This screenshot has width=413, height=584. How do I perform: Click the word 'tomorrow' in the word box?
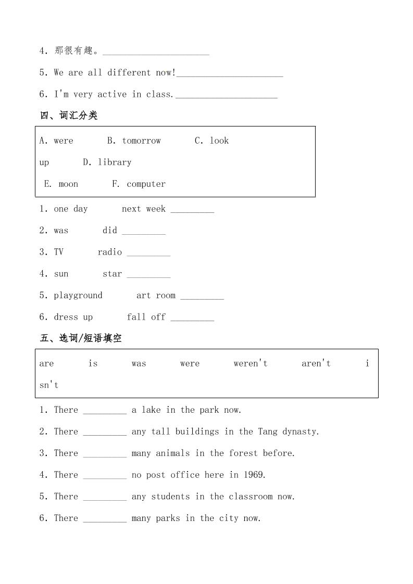point(141,141)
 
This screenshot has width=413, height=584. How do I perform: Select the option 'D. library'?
point(107,162)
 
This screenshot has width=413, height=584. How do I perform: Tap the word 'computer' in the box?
point(146,184)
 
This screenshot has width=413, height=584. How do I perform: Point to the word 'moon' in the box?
point(68,184)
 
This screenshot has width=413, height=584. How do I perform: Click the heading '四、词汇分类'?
point(69,116)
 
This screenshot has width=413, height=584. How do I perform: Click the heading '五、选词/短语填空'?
point(81,338)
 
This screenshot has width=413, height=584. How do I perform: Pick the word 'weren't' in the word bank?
point(250,364)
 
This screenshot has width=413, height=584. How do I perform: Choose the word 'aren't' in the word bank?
point(316,364)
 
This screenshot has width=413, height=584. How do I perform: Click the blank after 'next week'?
point(192,209)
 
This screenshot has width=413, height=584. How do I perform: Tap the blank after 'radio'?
point(148,252)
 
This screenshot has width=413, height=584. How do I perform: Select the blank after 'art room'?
point(202,296)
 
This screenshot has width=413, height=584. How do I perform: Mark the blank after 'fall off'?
point(192,318)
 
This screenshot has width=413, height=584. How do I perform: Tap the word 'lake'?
point(151,410)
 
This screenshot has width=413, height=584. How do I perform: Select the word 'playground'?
point(78,296)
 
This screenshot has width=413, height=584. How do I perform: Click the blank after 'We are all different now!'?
point(230,73)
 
